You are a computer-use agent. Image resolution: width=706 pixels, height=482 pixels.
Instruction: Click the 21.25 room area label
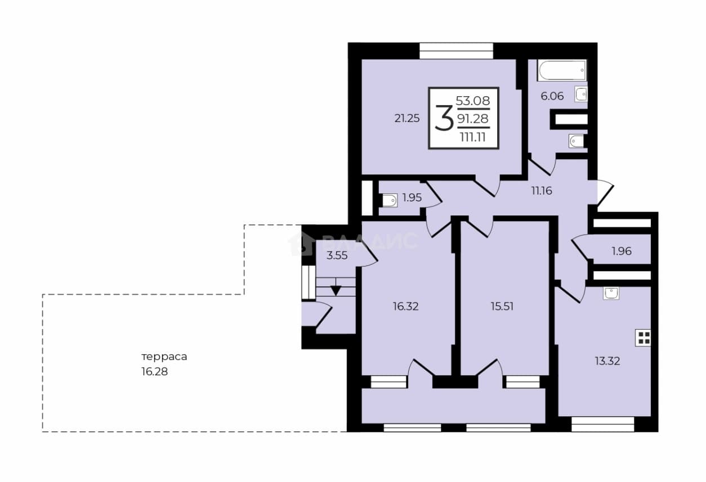(x=407, y=118)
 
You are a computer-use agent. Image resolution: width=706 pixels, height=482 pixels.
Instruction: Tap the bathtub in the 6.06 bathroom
(x=562, y=70)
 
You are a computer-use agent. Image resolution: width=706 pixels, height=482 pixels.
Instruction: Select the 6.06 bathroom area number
(x=552, y=96)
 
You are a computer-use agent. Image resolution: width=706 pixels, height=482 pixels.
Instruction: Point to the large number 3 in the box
(x=444, y=118)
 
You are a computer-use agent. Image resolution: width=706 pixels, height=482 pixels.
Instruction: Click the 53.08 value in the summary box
(x=473, y=101)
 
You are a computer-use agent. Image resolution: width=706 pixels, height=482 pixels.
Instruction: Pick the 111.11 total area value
(x=472, y=137)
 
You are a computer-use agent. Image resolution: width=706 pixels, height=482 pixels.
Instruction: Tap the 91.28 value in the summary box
(x=473, y=119)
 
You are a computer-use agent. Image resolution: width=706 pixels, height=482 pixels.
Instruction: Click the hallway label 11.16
(x=542, y=191)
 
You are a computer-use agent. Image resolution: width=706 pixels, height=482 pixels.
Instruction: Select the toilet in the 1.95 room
(x=390, y=201)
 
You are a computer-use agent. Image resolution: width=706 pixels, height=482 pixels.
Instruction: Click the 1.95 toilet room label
(x=412, y=198)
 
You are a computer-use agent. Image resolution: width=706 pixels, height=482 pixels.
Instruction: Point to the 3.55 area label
(x=337, y=256)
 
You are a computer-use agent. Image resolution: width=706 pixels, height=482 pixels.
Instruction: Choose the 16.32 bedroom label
(x=405, y=307)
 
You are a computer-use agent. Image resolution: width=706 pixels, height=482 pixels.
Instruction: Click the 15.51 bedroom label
(x=502, y=307)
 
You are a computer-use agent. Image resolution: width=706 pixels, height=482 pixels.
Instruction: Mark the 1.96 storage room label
(x=622, y=251)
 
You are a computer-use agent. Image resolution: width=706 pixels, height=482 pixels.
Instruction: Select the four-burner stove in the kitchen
(x=643, y=338)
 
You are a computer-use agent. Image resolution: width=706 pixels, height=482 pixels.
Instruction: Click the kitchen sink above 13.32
(x=611, y=293)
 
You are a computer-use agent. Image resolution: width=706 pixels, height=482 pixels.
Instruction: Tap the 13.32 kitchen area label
(x=607, y=361)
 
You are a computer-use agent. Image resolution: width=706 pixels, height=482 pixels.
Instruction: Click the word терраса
(x=164, y=357)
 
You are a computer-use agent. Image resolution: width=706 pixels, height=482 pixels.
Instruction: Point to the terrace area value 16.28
(x=154, y=372)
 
